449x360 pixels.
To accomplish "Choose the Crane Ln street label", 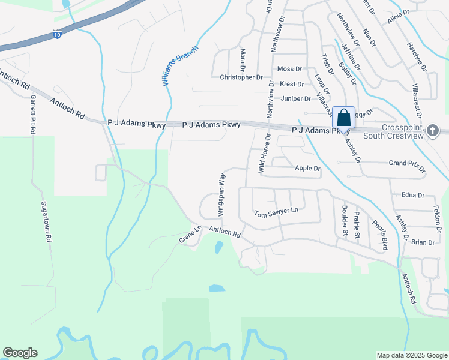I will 190,234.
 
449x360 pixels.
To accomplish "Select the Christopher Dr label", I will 241,77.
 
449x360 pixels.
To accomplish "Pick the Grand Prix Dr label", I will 406,163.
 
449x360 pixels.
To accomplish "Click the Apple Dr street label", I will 307,169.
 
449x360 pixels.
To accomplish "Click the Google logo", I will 20,353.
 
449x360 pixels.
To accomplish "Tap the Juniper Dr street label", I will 295,98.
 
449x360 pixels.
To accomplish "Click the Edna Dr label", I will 412,195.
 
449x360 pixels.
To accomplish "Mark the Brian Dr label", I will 423,242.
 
